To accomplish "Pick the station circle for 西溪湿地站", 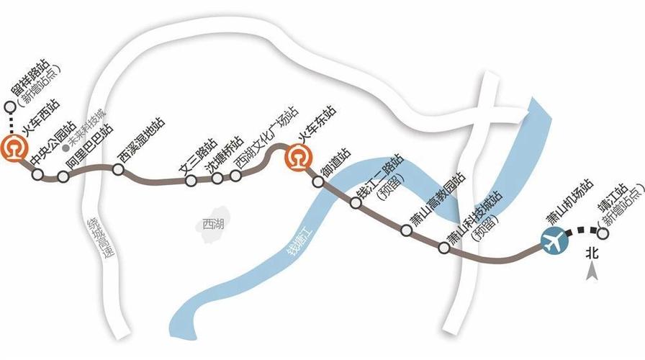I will tap(118, 169).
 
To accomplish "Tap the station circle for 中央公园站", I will tap(37, 174).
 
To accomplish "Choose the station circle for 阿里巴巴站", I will tap(63, 176).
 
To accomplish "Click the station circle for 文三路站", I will tap(191, 180).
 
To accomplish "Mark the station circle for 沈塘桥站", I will tap(217, 177).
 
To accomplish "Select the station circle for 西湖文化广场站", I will tap(235, 176).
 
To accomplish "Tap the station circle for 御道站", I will tap(319, 182).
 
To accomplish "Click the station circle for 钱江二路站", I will tap(355, 204).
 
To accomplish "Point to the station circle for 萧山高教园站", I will tap(406, 230).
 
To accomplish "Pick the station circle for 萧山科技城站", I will tap(444, 248).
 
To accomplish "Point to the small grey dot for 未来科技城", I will tap(66, 148).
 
